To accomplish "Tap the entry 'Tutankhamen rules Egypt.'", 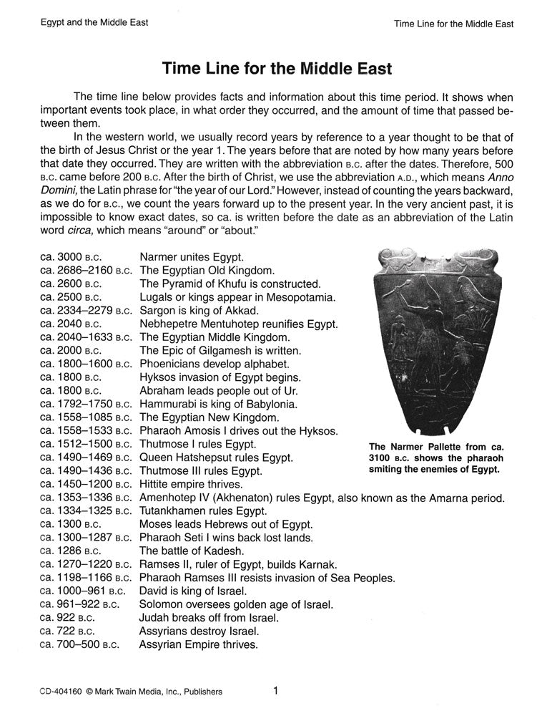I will click(x=203, y=511).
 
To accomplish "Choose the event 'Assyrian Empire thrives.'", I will click(x=198, y=645).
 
